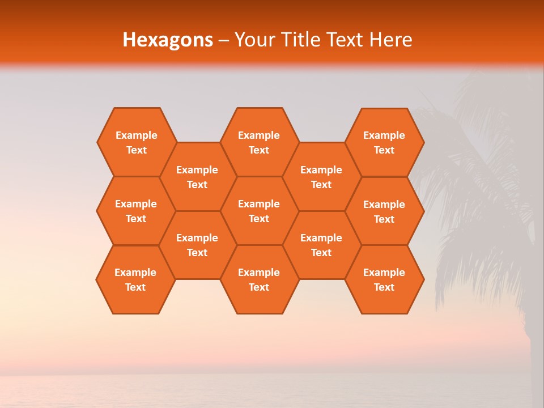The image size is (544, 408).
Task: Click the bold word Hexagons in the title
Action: point(168,40)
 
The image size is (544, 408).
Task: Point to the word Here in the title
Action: point(391,40)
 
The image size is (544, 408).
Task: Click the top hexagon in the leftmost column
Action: point(137,142)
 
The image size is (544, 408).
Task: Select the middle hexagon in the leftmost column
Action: point(136,211)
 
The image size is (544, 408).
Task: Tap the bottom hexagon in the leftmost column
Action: point(135,279)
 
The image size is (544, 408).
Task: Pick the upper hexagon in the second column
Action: point(197,177)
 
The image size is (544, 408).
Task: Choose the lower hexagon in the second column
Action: point(197,245)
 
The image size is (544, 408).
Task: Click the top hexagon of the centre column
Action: point(259,142)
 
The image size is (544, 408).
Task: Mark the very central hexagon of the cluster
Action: point(259,211)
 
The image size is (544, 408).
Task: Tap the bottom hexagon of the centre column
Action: point(259,279)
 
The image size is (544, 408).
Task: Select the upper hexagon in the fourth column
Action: point(321,177)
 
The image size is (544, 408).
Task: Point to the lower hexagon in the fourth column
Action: point(321,245)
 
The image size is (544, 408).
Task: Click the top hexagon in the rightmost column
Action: point(384,142)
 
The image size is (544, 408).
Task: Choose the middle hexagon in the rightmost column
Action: point(384,211)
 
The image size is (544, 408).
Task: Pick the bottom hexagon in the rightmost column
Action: point(384,279)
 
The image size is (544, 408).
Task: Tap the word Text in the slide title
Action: point(347,40)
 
